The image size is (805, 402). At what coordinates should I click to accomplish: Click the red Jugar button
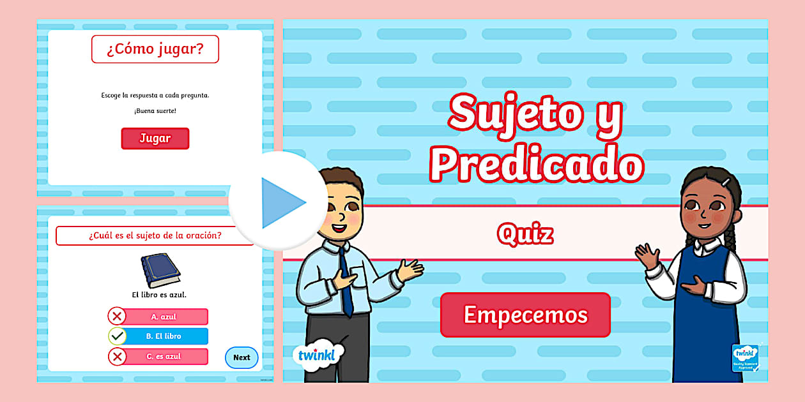pyautogui.click(x=155, y=138)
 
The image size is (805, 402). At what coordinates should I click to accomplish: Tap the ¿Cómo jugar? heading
pyautogui.click(x=155, y=49)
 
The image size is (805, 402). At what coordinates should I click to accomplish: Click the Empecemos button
pyautogui.click(x=525, y=315)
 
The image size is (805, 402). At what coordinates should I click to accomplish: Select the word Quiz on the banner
pyautogui.click(x=525, y=234)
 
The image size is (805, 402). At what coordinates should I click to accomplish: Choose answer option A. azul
pyautogui.click(x=164, y=316)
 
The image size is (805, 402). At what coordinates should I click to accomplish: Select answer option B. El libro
pyautogui.click(x=164, y=336)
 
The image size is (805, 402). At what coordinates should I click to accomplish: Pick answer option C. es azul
pyautogui.click(x=164, y=357)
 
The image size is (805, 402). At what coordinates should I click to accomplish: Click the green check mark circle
pyautogui.click(x=117, y=336)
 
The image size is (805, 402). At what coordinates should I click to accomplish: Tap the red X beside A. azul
pyautogui.click(x=117, y=316)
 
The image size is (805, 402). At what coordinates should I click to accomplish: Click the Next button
pyautogui.click(x=241, y=357)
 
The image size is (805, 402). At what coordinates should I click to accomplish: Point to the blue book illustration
pyautogui.click(x=160, y=270)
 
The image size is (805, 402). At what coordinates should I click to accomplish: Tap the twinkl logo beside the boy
pyautogui.click(x=318, y=355)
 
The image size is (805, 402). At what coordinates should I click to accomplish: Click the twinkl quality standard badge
pyautogui.click(x=745, y=358)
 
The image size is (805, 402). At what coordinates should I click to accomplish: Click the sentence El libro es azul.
pyautogui.click(x=159, y=295)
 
